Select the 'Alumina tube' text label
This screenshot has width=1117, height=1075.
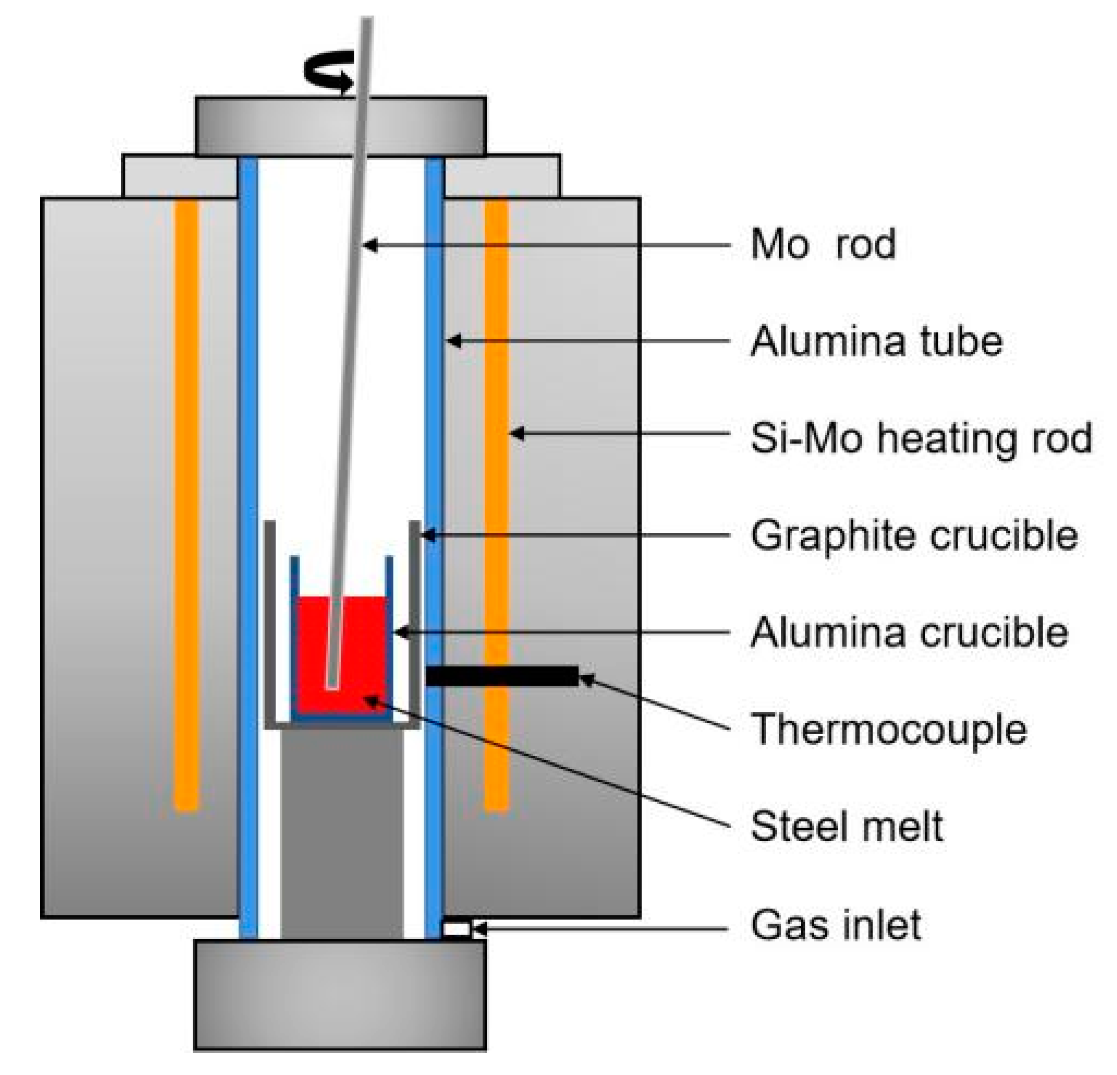point(876,342)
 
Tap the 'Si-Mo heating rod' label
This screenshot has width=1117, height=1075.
point(921,439)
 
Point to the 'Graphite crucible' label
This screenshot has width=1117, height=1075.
point(914,535)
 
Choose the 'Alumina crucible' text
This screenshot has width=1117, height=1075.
point(909,632)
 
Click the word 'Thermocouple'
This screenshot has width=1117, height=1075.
point(889,729)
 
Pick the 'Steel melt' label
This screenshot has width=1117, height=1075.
point(847,826)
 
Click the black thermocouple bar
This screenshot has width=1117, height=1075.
point(502,677)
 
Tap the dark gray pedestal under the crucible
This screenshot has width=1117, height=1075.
point(342,832)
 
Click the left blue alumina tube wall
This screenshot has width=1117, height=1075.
point(248,513)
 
